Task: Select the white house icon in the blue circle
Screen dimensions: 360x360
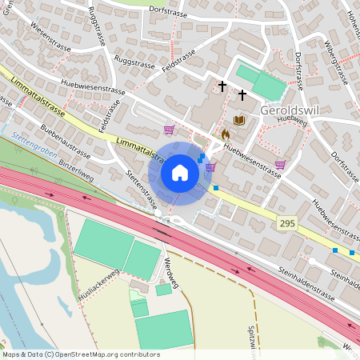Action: [180, 173]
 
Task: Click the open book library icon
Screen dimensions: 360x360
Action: [238, 120]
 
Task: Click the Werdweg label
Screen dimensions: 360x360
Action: [169, 271]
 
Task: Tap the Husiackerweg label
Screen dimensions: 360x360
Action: [98, 285]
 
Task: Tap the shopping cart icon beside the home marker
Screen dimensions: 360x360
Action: [210, 167]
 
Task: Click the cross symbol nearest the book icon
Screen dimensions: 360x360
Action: [242, 94]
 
